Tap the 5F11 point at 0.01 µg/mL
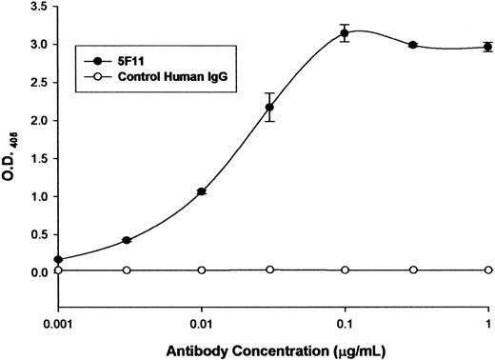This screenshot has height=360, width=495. tap(202, 191)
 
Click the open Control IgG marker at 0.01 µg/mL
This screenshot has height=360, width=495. tap(202, 270)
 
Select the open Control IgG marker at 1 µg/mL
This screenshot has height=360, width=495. tap(488, 270)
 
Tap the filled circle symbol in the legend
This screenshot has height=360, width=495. tap(88, 46)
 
